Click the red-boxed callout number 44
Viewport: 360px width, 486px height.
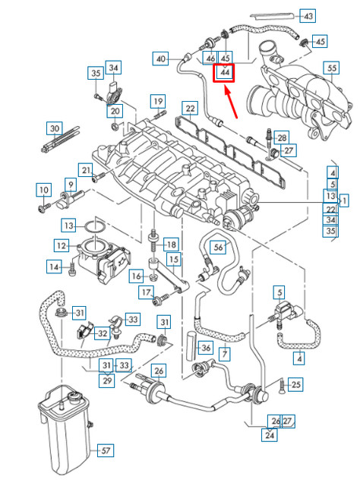[x=226, y=73]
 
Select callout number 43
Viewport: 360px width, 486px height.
[x=308, y=16]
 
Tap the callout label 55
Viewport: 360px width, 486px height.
[x=332, y=69]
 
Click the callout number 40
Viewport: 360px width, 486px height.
[x=160, y=58]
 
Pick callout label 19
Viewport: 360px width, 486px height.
[x=157, y=101]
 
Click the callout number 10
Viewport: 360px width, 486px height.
[x=43, y=189]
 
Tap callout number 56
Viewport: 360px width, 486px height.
[x=219, y=247]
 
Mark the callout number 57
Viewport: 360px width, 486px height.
[x=106, y=450]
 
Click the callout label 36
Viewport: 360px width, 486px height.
[x=204, y=348]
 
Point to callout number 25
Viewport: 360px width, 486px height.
[x=295, y=385]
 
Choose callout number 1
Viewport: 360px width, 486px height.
[x=344, y=200]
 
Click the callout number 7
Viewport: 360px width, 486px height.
[x=225, y=354]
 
